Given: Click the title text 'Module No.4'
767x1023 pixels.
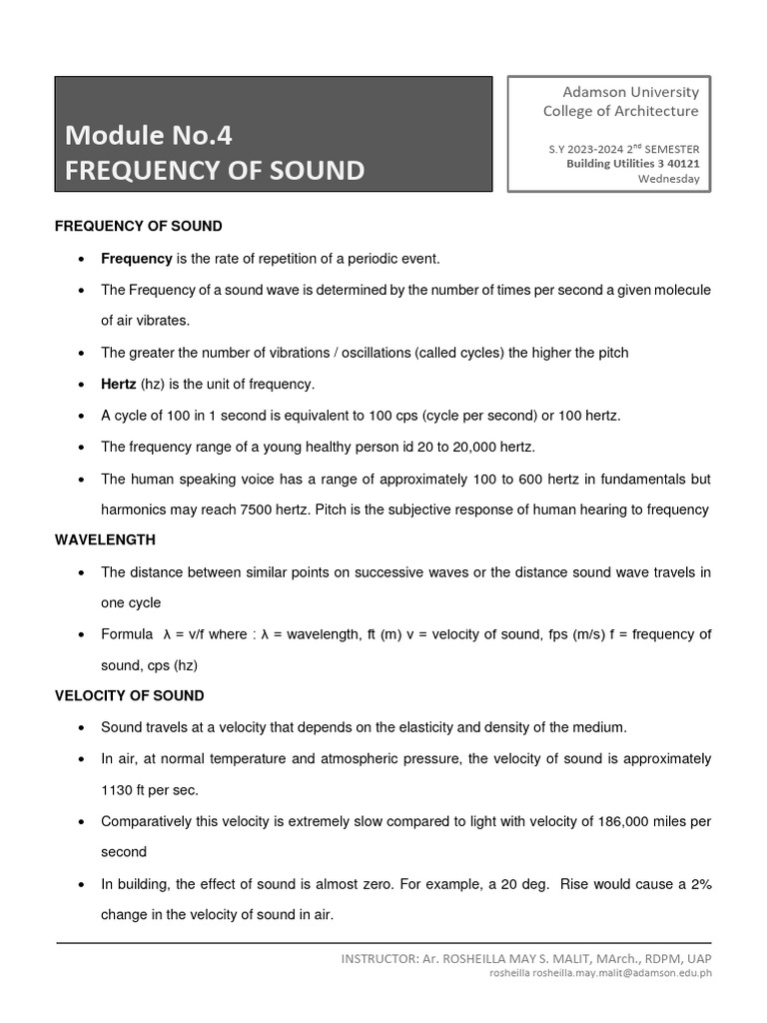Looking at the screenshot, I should point(148,134).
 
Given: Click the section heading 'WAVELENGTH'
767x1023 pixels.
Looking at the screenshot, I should point(105,539).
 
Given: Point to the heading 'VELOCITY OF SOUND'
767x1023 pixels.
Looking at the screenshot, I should point(129,695).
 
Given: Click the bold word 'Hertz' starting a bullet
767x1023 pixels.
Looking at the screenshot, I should point(119,384).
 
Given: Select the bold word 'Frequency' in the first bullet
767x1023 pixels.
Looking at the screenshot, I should point(137,259).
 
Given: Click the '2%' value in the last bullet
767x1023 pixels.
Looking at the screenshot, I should point(696,884).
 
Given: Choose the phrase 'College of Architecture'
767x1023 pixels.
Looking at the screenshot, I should point(620,111).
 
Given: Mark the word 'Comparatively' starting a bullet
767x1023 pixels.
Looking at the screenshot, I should point(145,821).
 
